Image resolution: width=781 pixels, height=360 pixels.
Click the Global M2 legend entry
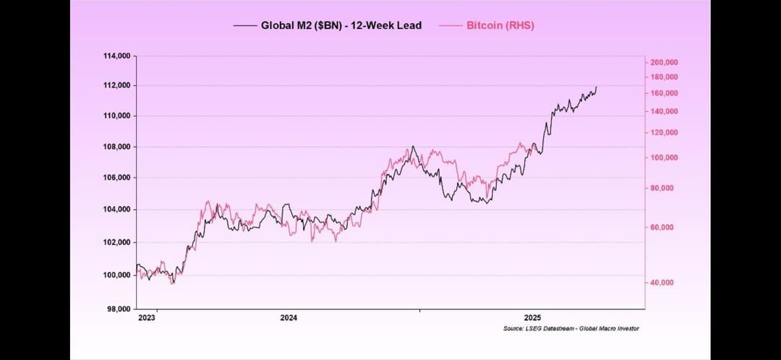pyautogui.click(x=327, y=25)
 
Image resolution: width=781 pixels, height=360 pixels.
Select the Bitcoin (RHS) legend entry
pyautogui.click(x=492, y=25)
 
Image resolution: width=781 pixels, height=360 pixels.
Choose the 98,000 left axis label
pyautogui.click(x=117, y=309)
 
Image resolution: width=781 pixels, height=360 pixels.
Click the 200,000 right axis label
pyautogui.click(x=663, y=63)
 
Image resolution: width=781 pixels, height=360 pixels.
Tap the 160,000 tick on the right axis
pyautogui.click(x=663, y=93)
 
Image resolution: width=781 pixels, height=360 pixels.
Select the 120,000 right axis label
pyautogui.click(x=663, y=132)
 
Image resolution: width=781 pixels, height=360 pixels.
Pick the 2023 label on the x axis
pyautogui.click(x=147, y=317)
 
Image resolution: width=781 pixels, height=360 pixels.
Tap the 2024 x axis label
pyautogui.click(x=287, y=317)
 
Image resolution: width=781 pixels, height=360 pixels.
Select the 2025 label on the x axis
pyautogui.click(x=532, y=317)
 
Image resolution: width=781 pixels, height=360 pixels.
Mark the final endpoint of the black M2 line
pyautogui.click(x=597, y=87)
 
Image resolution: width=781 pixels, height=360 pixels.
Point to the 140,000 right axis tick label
pyautogui.click(x=663, y=111)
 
